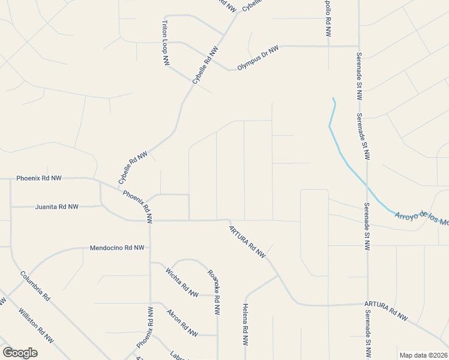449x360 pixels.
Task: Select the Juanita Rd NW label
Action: coord(56,206)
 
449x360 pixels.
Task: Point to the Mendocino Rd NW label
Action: coord(117,248)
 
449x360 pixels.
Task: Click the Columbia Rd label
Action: coord(35,286)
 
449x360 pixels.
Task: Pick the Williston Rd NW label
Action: coord(36,326)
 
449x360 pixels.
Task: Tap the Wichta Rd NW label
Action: coord(182,282)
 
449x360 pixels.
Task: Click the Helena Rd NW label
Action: coord(246,325)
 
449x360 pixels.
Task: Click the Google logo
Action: coord(20,353)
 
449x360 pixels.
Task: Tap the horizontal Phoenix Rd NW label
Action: coord(39,178)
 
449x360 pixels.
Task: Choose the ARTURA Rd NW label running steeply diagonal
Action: coord(247,241)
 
